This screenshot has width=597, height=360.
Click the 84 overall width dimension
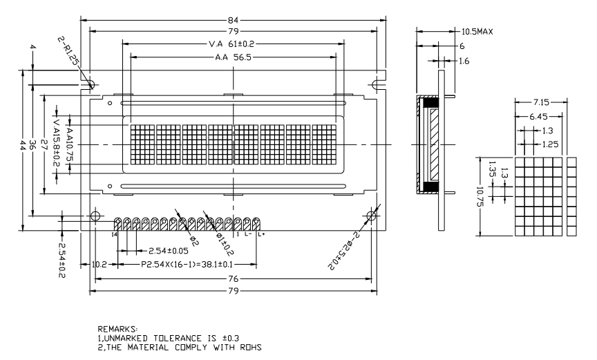click(234, 18)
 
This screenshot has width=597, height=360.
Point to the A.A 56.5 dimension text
click(233, 57)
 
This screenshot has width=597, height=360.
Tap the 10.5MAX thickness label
click(477, 32)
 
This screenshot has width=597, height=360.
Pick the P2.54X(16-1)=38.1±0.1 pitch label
click(196, 265)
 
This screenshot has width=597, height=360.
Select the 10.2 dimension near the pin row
click(99, 265)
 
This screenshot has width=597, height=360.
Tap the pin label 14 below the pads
click(115, 235)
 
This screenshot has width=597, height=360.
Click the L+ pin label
click(260, 235)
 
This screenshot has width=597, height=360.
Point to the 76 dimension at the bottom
click(234, 278)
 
